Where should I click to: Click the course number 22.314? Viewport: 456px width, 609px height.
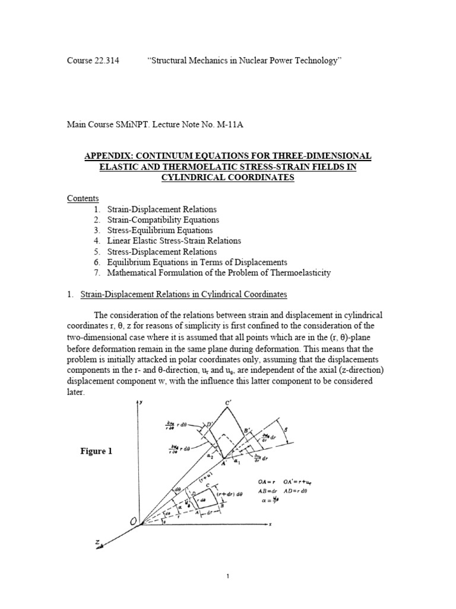click(107, 61)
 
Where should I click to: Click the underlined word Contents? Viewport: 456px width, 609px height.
click(83, 199)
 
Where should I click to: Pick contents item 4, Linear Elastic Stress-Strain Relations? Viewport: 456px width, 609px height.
click(174, 241)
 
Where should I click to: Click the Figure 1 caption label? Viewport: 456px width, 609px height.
click(96, 451)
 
